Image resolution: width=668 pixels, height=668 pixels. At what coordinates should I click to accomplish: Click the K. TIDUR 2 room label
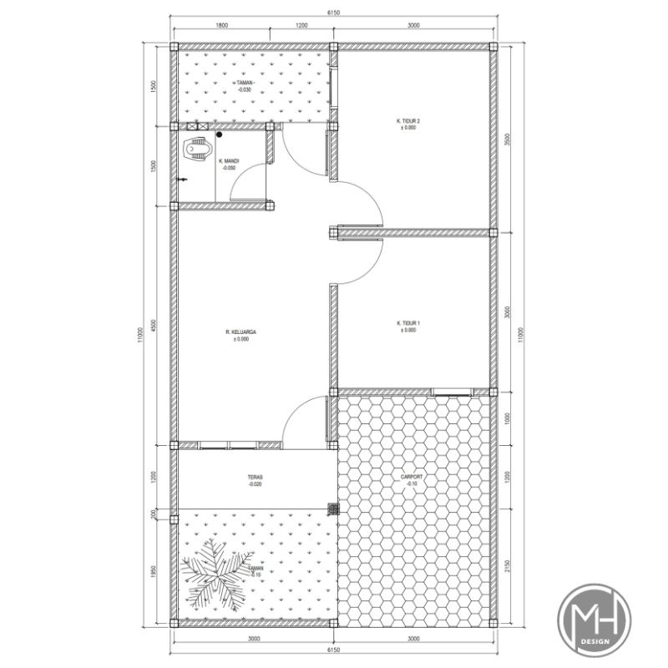pyautogui.click(x=407, y=121)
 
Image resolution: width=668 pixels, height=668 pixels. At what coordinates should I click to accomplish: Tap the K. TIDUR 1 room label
pyautogui.click(x=407, y=323)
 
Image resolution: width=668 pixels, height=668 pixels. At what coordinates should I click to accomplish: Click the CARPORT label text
pyautogui.click(x=412, y=477)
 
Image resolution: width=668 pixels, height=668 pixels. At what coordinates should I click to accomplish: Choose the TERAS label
pyautogui.click(x=255, y=478)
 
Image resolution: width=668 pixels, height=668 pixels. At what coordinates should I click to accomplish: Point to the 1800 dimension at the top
pyautogui.click(x=221, y=26)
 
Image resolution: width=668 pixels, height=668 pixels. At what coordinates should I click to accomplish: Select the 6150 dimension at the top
pyautogui.click(x=333, y=13)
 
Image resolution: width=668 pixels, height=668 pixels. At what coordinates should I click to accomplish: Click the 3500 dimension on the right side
pyautogui.click(x=508, y=140)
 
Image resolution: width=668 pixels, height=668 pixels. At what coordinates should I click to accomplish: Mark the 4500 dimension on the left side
pyautogui.click(x=154, y=325)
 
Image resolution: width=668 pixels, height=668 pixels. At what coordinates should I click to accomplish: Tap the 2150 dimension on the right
pyautogui.click(x=508, y=568)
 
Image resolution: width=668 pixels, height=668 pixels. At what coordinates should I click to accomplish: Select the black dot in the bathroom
pyautogui.click(x=219, y=134)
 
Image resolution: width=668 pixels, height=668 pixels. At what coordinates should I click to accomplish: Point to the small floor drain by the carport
pyautogui.click(x=333, y=508)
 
